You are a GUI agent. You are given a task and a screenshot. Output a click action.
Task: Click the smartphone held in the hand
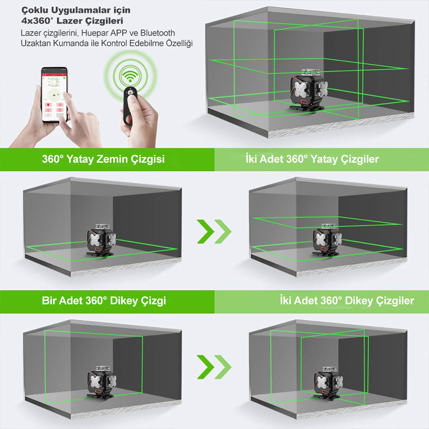[x=54, y=94]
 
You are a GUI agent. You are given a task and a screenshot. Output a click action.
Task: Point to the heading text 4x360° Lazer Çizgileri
[x=72, y=21]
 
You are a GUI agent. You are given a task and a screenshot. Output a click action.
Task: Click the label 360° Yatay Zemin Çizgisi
[x=103, y=159]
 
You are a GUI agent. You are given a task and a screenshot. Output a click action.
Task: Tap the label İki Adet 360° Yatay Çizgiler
[x=312, y=159]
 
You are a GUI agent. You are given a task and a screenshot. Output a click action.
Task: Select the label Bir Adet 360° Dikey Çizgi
[x=104, y=301]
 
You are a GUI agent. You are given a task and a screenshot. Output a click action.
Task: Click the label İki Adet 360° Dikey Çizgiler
[x=347, y=301]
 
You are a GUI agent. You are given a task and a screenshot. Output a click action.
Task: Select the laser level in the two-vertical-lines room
[x=327, y=382]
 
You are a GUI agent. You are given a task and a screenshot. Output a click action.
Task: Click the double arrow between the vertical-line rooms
[x=214, y=367]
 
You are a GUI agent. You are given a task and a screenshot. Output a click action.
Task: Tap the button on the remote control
[x=130, y=92]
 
